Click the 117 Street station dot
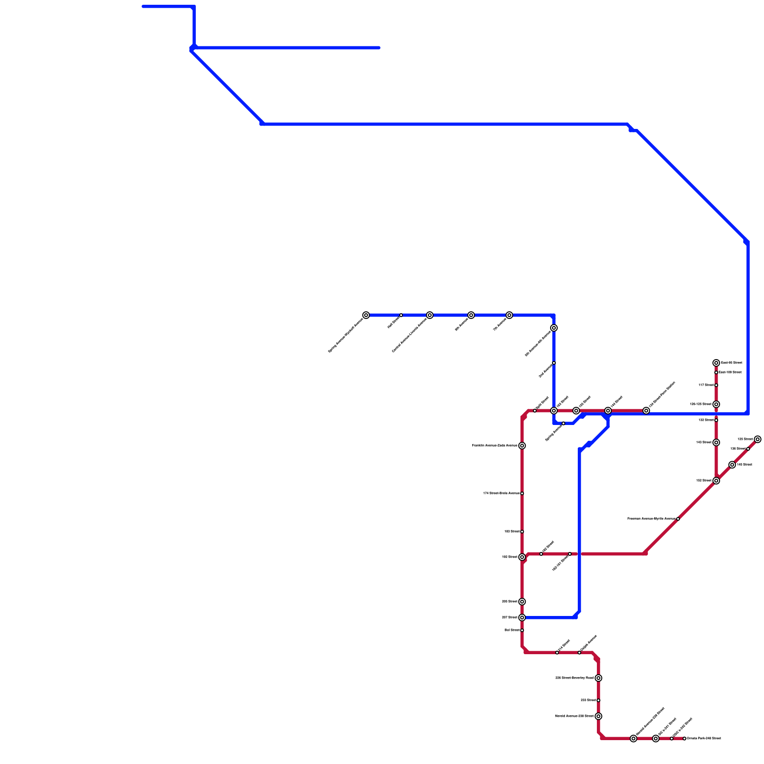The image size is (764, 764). pos(716,385)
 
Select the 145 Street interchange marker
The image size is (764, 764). pos(732,465)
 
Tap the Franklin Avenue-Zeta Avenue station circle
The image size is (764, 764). pos(522,446)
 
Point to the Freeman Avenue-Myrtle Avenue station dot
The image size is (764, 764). pos(678,519)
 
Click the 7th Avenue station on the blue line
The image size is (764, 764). pos(509,315)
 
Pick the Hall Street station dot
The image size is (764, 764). pos(401,315)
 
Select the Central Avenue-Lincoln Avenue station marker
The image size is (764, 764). pos(430,315)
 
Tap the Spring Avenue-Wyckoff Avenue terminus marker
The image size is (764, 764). pos(366,315)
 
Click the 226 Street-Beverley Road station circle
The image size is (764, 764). pos(598,678)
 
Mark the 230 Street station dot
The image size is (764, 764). pos(598,700)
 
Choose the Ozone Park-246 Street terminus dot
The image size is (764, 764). pos(684,739)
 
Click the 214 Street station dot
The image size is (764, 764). pos(557,653)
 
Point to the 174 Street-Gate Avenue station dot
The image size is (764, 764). pos(522,493)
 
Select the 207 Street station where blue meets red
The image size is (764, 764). pos(522,617)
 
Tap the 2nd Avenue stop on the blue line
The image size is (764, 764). pos(554,363)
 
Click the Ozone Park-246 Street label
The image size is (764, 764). pos(704,739)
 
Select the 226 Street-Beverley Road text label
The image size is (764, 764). pos(574,678)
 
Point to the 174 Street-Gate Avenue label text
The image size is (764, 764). pos(501,493)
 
